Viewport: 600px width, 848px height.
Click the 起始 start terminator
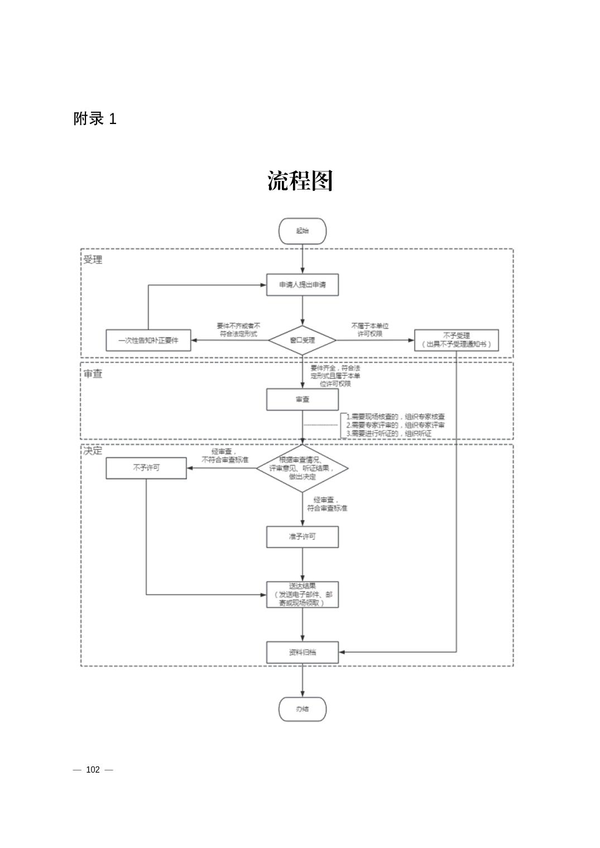click(302, 231)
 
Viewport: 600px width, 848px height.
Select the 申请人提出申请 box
click(302, 285)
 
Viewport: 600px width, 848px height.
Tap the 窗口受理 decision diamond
click(302, 340)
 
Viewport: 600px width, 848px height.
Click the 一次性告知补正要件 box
click(148, 340)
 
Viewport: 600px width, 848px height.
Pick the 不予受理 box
click(456, 340)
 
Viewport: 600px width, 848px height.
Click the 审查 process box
click(302, 400)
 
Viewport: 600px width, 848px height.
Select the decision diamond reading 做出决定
click(302, 468)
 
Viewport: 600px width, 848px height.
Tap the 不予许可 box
click(146, 468)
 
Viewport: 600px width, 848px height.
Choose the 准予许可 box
click(302, 536)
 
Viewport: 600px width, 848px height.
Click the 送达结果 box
click(302, 595)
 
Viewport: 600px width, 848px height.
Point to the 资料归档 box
click(302, 652)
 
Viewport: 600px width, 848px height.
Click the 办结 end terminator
click(302, 709)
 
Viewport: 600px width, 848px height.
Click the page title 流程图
click(300, 181)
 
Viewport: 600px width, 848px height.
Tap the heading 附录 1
click(95, 118)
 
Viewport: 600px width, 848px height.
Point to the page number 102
click(93, 770)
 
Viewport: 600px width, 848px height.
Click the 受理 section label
click(93, 260)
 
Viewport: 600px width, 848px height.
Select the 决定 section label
click(93, 451)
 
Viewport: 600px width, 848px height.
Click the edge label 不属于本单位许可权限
click(369, 329)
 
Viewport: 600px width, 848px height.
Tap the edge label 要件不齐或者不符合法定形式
click(238, 329)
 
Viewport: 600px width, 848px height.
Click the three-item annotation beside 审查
click(396, 425)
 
